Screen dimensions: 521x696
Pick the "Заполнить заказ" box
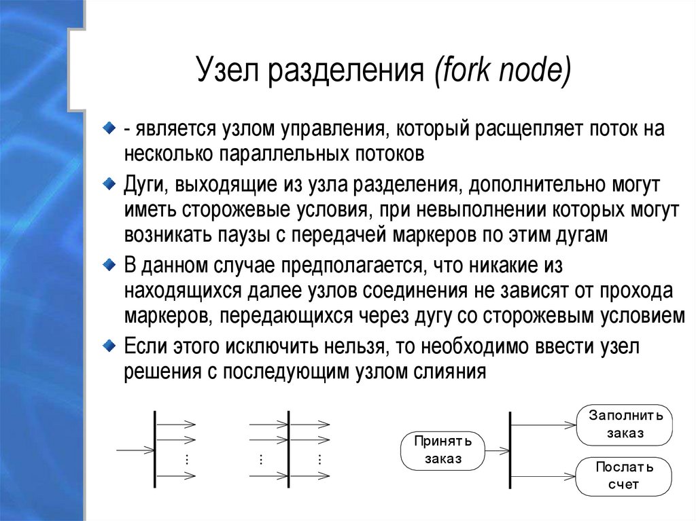[x=624, y=425]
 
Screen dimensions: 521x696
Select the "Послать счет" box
[x=624, y=476]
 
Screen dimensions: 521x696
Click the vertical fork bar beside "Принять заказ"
[x=510, y=450]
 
